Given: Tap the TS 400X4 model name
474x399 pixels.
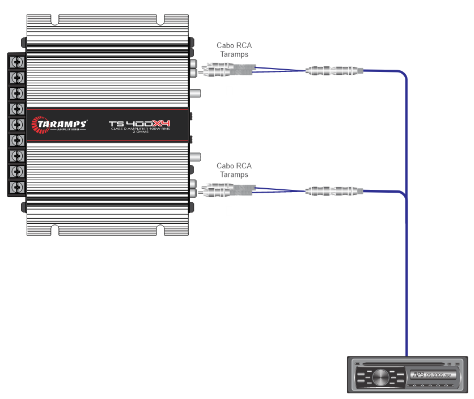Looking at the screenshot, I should (x=139, y=124).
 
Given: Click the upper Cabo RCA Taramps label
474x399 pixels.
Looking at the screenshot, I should (x=234, y=49).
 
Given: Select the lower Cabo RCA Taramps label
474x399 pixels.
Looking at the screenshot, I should (x=234, y=170).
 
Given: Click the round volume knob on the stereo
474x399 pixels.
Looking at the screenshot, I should (x=381, y=376).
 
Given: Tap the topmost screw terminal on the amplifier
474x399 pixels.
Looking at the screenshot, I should (x=18, y=61).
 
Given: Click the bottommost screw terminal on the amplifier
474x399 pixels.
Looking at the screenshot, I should (x=18, y=187).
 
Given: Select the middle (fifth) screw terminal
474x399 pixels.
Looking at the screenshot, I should (x=18, y=124).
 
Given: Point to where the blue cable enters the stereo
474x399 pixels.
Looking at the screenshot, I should (x=406, y=354).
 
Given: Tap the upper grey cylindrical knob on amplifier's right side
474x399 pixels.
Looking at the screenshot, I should (x=195, y=92).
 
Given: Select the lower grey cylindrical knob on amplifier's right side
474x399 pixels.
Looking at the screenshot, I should (x=195, y=156).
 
